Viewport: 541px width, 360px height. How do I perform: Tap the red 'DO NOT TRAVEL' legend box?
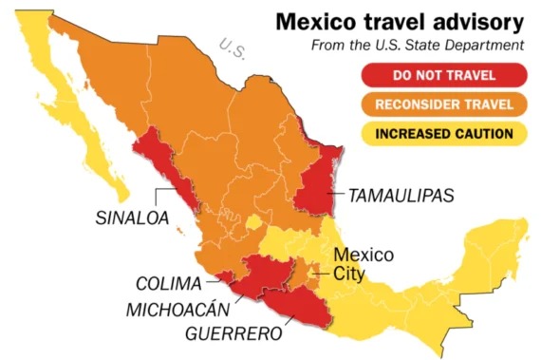click(x=443, y=74)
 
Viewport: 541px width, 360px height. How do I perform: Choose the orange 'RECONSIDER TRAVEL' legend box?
click(x=443, y=104)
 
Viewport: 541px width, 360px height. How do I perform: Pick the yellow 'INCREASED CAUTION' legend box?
click(x=443, y=132)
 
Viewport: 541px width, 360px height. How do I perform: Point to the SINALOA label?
click(x=132, y=217)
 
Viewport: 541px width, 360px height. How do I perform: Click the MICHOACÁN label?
click(x=179, y=309)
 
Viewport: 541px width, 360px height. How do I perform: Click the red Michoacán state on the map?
click(x=252, y=280)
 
